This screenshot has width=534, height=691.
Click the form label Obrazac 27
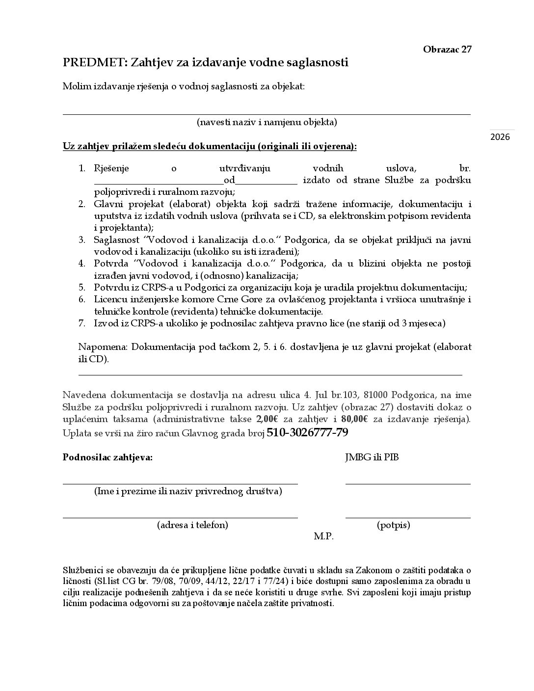[447, 49]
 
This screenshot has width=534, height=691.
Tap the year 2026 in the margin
[500, 137]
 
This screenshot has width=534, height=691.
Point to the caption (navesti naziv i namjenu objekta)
[267, 122]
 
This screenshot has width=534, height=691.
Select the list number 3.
[82, 240]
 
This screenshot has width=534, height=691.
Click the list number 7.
[82, 323]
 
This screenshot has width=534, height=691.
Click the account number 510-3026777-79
[307, 432]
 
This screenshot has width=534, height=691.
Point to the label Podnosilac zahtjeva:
[107, 457]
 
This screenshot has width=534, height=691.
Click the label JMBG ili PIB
[372, 457]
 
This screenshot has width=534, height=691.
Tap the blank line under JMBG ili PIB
[407, 483]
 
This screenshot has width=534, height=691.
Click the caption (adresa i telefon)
[192, 525]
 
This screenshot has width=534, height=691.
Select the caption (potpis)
[394, 525]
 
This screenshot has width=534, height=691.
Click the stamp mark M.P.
[323, 536]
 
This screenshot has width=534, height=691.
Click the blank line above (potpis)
[407, 517]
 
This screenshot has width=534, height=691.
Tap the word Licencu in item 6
[109, 300]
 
